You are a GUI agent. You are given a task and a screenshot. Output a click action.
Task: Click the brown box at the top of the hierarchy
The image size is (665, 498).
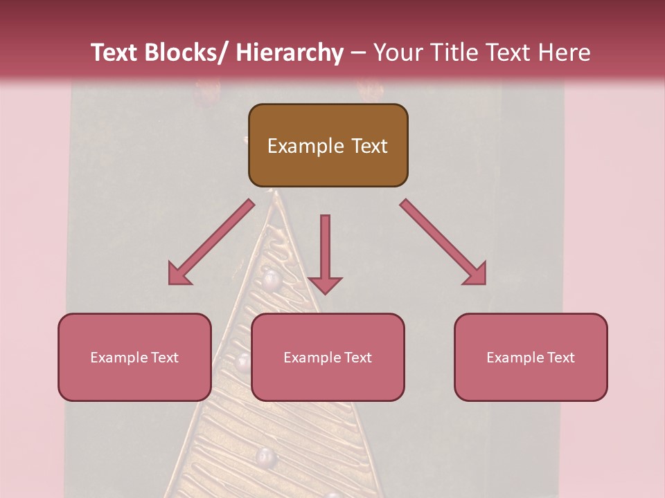[328, 145]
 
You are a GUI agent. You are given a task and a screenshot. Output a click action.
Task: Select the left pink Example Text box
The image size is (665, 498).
[134, 357]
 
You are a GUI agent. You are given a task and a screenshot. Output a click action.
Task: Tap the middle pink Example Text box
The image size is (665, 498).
[328, 357]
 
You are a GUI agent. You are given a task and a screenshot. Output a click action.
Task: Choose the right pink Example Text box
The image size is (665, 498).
[531, 357]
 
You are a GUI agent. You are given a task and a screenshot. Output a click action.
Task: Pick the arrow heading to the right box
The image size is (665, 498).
[443, 242]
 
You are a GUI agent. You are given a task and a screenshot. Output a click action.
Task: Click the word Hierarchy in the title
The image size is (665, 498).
[290, 53]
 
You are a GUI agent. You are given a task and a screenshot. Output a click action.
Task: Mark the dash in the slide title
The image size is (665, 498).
[359, 53]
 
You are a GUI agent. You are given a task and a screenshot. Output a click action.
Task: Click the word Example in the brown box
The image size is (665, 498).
[305, 146]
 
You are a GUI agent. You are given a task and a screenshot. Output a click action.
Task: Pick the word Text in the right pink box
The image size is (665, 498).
[560, 358]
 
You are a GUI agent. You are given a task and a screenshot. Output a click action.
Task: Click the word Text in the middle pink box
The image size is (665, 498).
[357, 358]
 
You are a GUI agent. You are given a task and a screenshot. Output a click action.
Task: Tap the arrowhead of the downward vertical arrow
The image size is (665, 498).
[325, 285]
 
